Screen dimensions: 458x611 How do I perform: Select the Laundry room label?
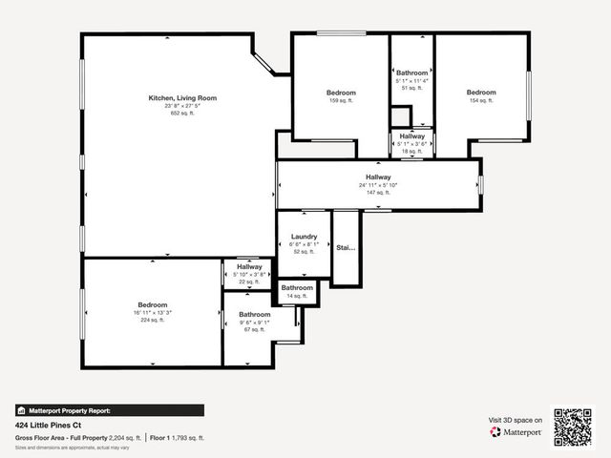coord(305,237)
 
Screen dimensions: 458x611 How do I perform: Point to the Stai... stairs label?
coord(345,247)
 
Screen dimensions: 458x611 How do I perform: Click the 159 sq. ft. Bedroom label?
coord(341,93)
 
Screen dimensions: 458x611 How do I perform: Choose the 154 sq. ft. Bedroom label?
coord(481,93)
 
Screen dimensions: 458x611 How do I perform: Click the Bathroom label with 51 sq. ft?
coord(412,73)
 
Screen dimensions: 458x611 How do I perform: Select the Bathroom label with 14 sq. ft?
coord(297,287)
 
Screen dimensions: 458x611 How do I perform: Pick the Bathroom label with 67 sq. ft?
coord(255,314)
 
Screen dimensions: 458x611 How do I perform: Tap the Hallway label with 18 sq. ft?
coord(412,136)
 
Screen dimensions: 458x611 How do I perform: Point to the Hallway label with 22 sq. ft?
coord(249,267)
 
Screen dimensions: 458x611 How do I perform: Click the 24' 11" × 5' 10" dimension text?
coord(379,185)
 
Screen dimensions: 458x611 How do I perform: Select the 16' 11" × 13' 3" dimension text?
coord(153,312)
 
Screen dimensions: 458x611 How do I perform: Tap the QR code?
coord(574,426)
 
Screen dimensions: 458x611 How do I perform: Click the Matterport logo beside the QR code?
coord(516,432)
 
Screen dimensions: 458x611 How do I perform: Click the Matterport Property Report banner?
coord(109,410)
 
